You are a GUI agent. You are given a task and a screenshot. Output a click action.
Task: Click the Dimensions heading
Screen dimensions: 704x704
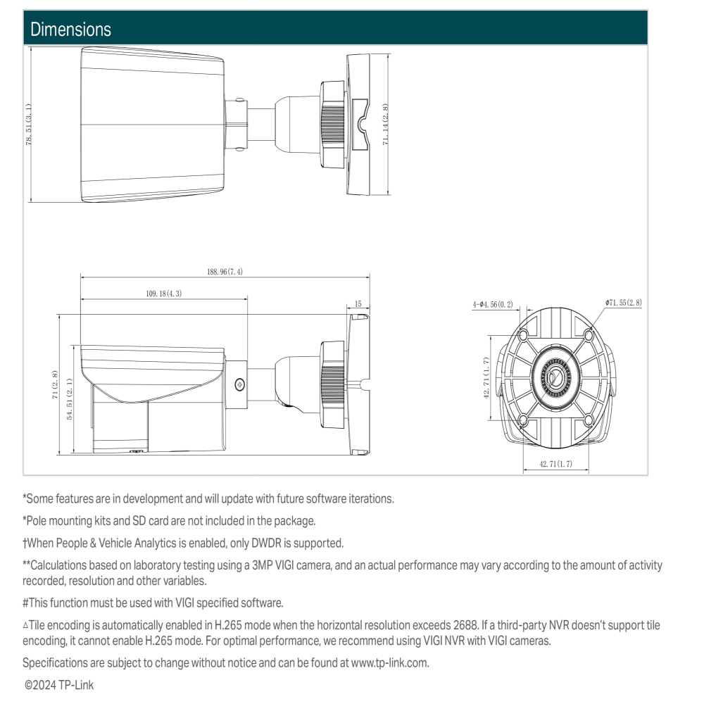coord(68,30)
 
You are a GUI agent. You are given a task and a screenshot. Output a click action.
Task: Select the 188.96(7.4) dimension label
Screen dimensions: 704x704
coord(225,272)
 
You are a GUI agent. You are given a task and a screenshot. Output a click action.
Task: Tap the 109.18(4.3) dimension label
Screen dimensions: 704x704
coord(164,294)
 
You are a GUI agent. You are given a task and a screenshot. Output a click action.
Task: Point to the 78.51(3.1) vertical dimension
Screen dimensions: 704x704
coord(29,124)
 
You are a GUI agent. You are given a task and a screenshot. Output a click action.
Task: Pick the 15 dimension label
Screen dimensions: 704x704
coord(358,304)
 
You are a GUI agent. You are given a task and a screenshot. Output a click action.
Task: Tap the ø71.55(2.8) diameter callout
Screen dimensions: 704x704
coord(623,302)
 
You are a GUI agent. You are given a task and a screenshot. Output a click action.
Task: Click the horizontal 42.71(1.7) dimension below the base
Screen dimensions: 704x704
coord(555,464)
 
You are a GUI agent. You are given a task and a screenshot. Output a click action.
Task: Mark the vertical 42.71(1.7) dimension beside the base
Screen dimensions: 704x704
coord(486,379)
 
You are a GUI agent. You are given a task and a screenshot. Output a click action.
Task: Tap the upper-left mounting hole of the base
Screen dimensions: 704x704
coord(524,334)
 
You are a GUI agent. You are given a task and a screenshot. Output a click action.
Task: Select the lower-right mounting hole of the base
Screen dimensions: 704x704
coord(588,421)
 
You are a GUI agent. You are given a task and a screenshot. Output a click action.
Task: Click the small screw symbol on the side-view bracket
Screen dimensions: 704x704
coord(239,384)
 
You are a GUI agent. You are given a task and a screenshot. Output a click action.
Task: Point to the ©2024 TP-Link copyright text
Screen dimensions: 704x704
coord(59,684)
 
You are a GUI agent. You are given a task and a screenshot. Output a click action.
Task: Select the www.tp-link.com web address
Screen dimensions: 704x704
coord(389,662)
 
